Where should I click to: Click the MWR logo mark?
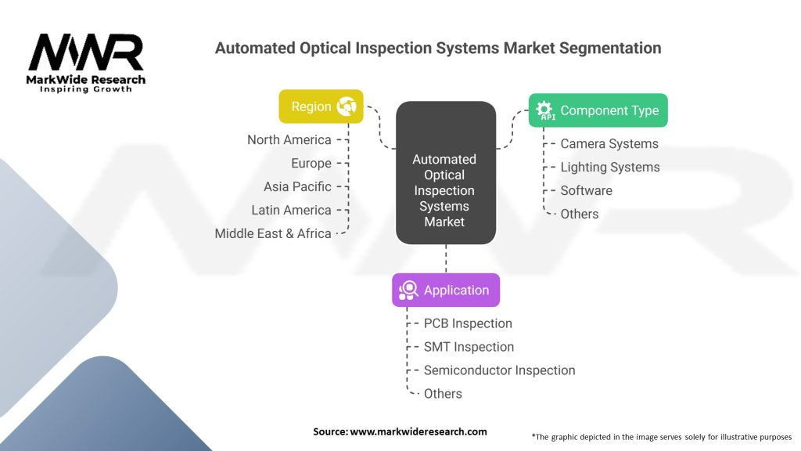coord(86,52)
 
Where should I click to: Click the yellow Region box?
coord(321,106)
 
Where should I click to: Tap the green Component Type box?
coord(598,110)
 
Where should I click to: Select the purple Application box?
coord(445,290)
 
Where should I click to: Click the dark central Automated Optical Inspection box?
coord(445,172)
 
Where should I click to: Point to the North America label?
coord(289,139)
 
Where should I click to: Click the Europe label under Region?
coord(311,163)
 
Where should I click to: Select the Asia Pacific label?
coord(297,186)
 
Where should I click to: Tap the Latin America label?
coord(291,210)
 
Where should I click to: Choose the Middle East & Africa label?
coord(273,233)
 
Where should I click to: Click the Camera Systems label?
coord(609,144)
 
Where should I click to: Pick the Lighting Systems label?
coord(610,168)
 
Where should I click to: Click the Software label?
coord(587,191)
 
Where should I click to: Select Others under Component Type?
coord(580,214)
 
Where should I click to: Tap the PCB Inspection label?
coord(468,323)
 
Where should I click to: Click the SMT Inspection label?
coord(469,347)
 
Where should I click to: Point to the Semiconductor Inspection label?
coord(500,370)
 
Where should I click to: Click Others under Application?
coord(443,394)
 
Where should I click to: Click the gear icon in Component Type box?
coord(544,110)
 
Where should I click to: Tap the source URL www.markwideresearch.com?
coord(418,431)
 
